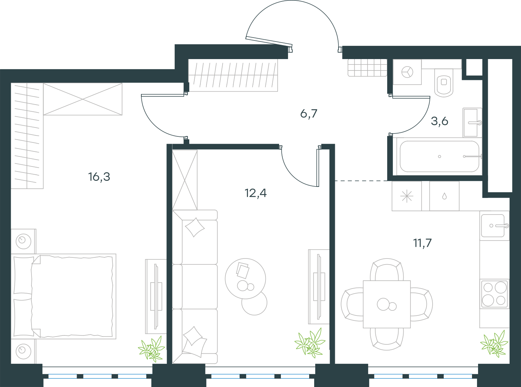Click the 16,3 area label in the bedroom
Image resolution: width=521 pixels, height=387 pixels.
click(x=99, y=177)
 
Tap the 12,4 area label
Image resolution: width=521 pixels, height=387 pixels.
click(x=255, y=193)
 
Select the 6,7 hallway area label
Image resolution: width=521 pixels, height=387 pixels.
click(x=309, y=114)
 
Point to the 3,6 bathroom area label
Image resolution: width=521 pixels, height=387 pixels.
click(x=439, y=121)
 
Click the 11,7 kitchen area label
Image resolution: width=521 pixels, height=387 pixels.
click(x=422, y=243)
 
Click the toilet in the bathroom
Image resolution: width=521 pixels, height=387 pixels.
click(x=444, y=83)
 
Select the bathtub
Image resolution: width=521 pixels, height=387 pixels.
click(x=439, y=156)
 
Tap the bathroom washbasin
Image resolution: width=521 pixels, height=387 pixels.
click(x=472, y=122)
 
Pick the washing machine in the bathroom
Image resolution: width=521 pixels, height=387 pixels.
click(x=407, y=72)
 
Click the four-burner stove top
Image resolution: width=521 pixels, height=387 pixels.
click(x=494, y=294)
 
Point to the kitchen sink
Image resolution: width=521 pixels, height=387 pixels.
click(x=495, y=226)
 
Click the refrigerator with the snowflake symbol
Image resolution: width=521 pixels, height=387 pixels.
click(x=406, y=196)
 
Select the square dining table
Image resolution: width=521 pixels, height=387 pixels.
click(x=387, y=304)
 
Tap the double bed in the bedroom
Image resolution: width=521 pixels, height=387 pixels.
click(x=63, y=296)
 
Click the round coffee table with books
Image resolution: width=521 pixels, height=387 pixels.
click(x=245, y=279)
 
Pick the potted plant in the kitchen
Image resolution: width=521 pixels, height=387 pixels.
click(x=494, y=344)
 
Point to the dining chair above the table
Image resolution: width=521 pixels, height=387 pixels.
click(x=387, y=270)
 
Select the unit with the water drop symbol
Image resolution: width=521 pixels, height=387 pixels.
click(x=444, y=196)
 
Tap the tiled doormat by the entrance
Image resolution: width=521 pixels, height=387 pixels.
click(x=367, y=68)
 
